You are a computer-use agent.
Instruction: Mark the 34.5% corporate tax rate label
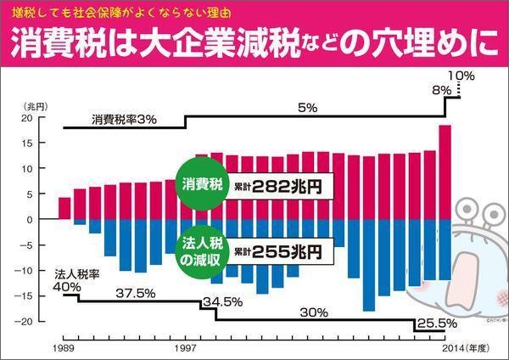click(x=223, y=301)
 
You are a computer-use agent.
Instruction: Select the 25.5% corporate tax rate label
click(x=438, y=323)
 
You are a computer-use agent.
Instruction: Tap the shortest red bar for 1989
click(x=64, y=208)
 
